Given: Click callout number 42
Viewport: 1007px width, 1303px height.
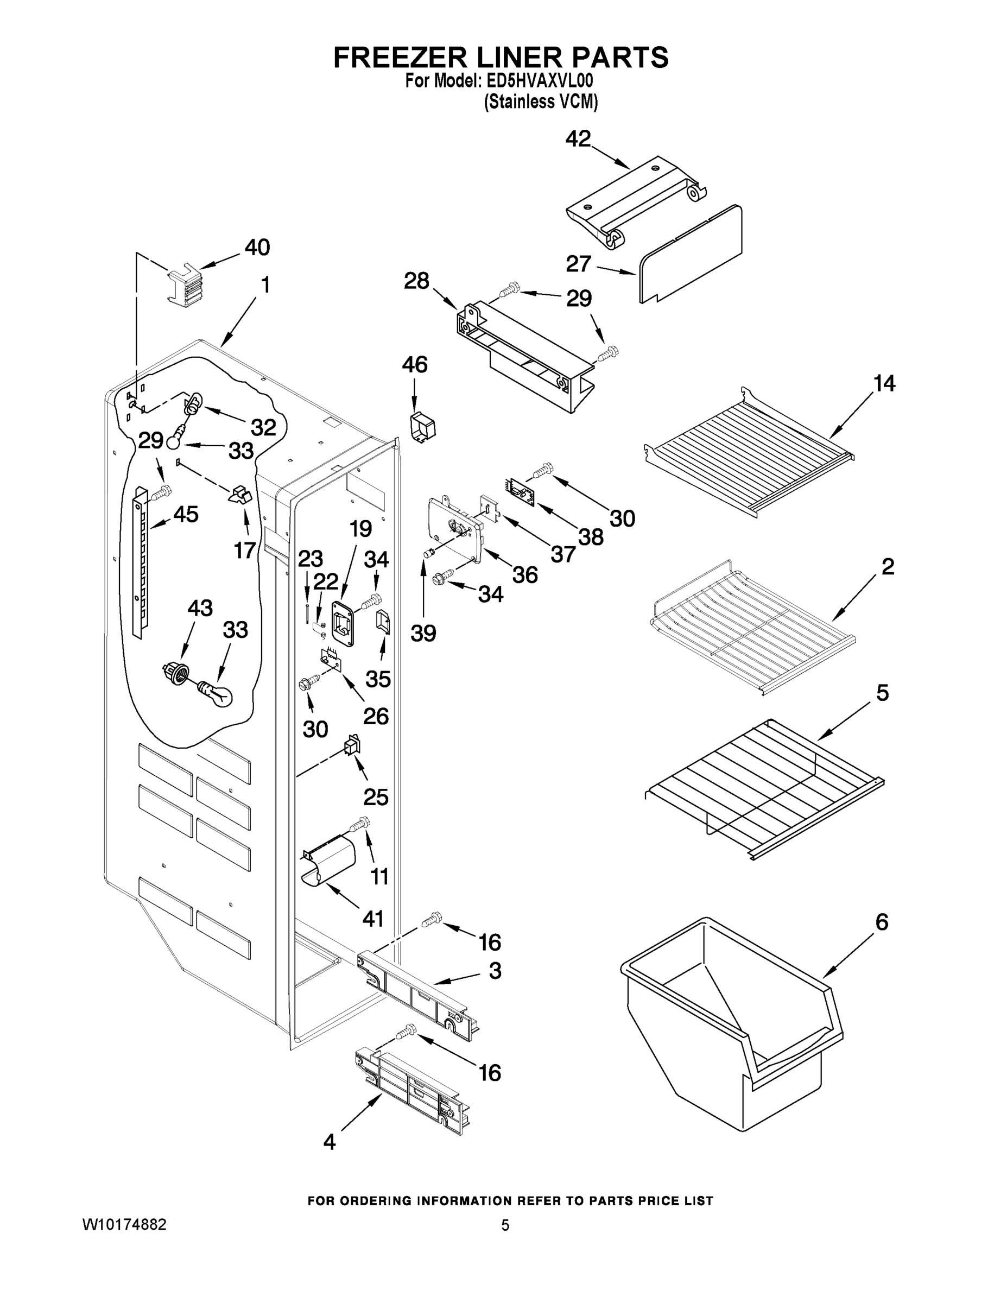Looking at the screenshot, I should (578, 139).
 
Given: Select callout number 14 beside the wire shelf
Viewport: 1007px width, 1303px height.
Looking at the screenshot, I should (884, 384).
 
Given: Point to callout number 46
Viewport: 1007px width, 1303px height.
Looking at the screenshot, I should (415, 364).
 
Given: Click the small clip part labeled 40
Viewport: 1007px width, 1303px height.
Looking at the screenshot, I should (185, 286).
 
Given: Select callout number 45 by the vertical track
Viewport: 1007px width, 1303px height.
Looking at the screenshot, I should (185, 514).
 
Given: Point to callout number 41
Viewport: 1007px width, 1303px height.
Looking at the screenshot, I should (373, 919).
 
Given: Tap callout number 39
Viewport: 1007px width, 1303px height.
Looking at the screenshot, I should (423, 633).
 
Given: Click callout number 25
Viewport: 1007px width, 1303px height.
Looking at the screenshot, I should (375, 796).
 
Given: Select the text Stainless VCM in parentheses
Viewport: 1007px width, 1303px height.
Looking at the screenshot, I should (541, 102).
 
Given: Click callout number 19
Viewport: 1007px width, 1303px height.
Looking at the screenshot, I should (360, 529).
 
